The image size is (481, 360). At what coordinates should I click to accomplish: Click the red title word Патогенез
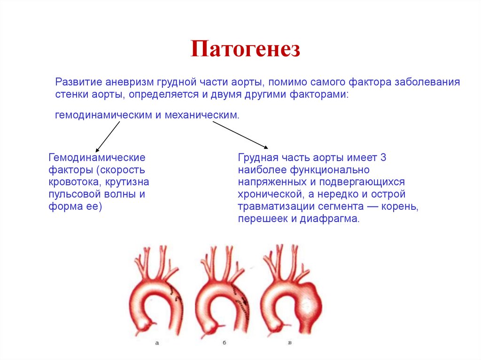(245, 49)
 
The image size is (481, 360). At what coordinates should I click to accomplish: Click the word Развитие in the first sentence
(78, 82)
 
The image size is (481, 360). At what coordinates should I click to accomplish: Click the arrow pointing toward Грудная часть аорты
(240, 135)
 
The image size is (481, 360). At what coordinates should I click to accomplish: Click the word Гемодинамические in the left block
(97, 157)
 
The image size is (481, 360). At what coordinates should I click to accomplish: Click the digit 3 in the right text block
(383, 157)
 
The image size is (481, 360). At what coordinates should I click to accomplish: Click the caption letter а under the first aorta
(157, 344)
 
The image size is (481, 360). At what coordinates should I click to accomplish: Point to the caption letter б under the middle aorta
(225, 344)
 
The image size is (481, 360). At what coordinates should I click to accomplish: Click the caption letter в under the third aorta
(290, 344)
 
